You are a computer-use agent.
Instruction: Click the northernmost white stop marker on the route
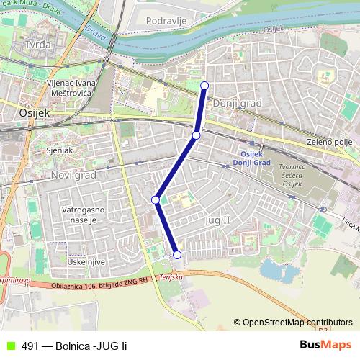click(x=204, y=86)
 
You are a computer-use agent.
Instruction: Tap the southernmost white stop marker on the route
click(x=177, y=254)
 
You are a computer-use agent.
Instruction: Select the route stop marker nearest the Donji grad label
click(x=197, y=135)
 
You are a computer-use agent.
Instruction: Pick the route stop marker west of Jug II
click(x=156, y=199)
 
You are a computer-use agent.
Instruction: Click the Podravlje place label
click(x=166, y=20)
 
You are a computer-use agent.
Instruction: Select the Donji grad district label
click(x=238, y=104)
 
